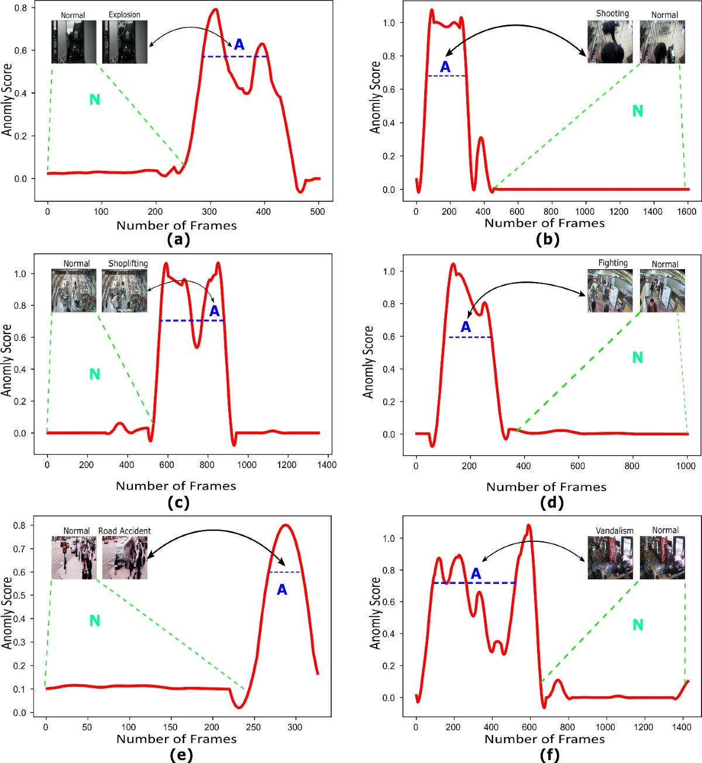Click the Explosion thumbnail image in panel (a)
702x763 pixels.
125,42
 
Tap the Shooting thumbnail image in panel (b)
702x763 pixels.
610,42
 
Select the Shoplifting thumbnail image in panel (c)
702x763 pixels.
125,291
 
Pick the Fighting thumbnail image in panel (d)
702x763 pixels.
610,291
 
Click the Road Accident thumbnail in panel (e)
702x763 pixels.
125,558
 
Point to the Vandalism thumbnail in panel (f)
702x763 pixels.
610,558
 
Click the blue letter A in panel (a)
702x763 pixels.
239,44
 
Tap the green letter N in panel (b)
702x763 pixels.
638,111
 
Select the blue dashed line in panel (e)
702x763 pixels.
284,572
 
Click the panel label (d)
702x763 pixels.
548,503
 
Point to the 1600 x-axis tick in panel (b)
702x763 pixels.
687,212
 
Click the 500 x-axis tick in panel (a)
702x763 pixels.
318,212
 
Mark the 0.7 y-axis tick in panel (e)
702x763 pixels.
20,549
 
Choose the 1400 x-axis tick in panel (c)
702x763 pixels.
326,465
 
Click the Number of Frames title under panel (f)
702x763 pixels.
545,740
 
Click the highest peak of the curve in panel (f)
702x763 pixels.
529,525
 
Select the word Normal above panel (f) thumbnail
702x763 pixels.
665,530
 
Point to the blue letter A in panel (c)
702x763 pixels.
215,311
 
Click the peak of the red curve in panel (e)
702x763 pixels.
285,525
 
